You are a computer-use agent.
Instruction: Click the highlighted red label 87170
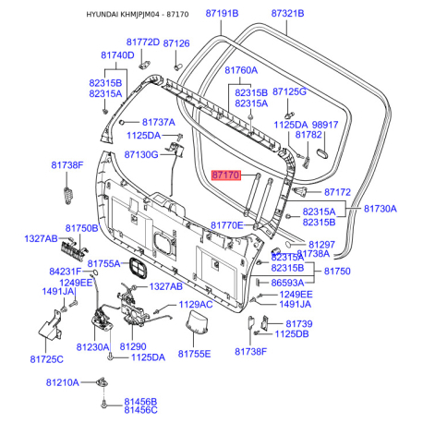point(226,175)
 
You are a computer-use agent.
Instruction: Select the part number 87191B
point(222,14)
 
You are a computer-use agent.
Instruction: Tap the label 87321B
point(287,14)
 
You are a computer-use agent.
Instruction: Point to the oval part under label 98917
point(322,153)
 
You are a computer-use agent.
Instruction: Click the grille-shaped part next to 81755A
point(138,268)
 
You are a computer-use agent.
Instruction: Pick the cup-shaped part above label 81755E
point(197,322)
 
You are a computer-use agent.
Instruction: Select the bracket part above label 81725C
point(51,326)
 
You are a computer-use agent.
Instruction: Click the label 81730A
point(381,209)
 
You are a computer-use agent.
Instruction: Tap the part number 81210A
point(63,382)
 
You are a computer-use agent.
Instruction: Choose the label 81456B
point(140,402)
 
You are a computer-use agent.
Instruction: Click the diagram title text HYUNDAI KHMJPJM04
point(123,15)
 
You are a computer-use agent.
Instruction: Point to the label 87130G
point(141,154)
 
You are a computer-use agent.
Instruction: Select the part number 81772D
point(143,42)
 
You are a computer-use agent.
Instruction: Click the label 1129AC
point(196,305)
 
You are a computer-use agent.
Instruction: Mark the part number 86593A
point(287,283)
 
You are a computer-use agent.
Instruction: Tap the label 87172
point(337,192)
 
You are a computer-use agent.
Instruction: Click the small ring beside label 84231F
point(95,272)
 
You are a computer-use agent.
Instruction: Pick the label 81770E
point(227,225)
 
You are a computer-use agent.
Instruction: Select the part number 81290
point(133,346)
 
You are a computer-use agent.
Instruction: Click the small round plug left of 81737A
point(122,122)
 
